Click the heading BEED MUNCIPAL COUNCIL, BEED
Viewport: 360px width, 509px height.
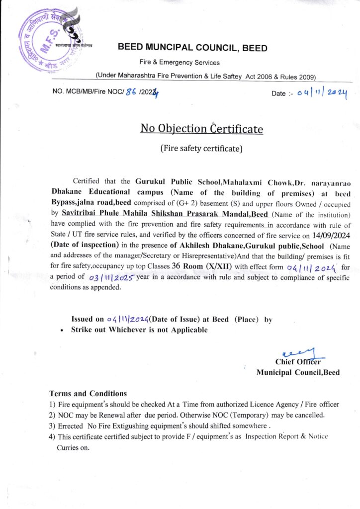(x=192, y=48)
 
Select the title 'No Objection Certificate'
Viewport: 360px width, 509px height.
(x=201, y=129)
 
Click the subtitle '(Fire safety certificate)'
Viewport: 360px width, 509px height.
(x=201, y=147)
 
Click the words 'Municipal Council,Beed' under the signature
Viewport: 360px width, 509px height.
(x=298, y=372)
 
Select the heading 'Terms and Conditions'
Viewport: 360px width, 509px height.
(x=88, y=393)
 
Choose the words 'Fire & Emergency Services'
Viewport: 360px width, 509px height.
(x=180, y=63)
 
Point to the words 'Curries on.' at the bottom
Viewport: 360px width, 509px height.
(x=73, y=447)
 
